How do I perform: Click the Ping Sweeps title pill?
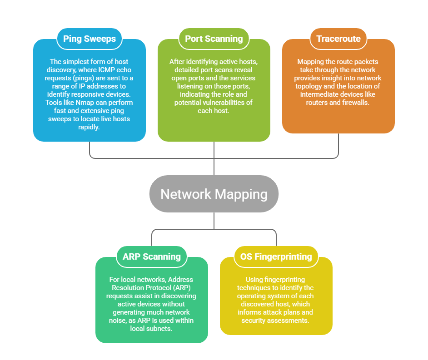(90, 39)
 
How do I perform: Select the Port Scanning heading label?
(214, 39)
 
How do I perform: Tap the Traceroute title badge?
(338, 39)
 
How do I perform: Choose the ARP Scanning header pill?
(152, 256)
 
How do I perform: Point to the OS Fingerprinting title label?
(276, 256)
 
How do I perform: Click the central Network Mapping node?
(214, 194)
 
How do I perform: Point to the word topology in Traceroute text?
(317, 86)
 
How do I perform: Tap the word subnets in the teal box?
(162, 329)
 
